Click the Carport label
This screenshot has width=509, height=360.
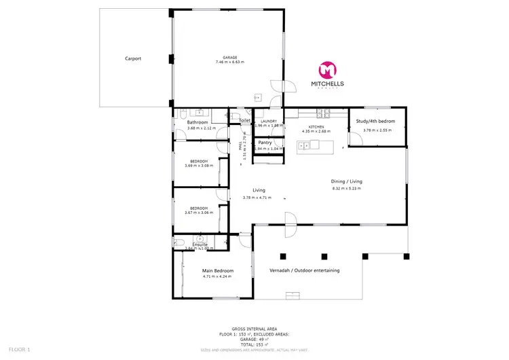[133, 58]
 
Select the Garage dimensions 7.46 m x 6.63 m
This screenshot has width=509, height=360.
[225, 62]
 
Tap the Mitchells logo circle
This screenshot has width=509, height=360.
[327, 70]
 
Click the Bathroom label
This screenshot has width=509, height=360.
[198, 122]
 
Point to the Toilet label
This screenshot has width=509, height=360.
[245, 120]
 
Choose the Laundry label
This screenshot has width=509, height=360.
[268, 121]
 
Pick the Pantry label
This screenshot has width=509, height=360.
[265, 143]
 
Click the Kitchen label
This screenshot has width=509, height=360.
[315, 127]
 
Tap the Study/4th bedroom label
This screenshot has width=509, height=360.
[375, 122]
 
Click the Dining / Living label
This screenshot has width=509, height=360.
[346, 181]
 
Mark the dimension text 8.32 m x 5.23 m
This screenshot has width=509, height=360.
[346, 188]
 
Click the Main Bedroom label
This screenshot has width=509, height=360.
[217, 271]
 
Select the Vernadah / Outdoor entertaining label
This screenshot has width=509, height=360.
[305, 270]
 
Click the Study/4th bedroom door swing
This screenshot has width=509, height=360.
[355, 139]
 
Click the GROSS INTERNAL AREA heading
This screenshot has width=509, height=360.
[254, 327]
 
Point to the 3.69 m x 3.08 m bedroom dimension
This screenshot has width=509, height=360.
[199, 165]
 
